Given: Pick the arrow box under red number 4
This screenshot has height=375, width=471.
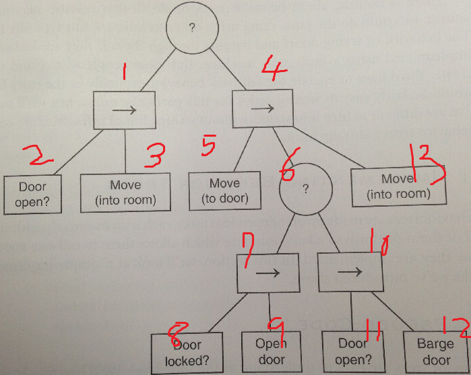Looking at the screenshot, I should click(262, 107).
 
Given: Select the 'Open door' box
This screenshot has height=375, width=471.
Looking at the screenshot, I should click(271, 351).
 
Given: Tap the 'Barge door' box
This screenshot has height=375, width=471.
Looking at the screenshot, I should click(435, 351).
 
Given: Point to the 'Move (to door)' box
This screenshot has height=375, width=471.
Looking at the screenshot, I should click(224, 191).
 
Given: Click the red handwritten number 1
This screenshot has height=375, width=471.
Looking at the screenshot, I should click(124, 74).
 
